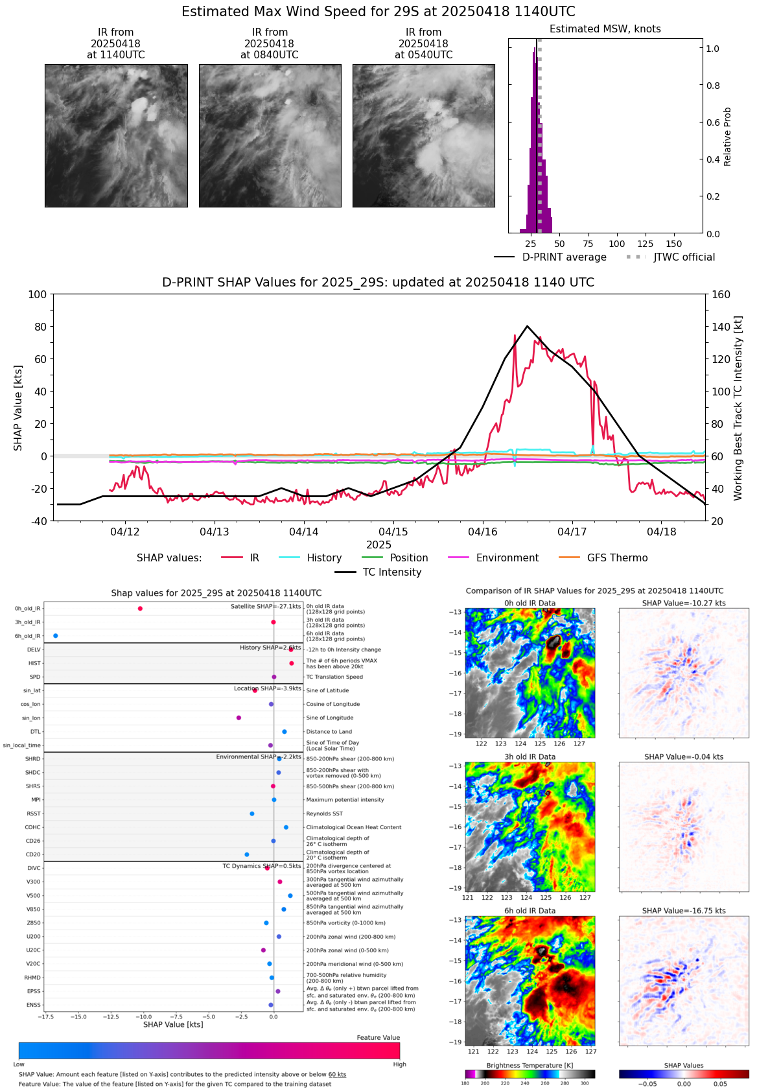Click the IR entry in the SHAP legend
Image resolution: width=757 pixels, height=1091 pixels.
tap(254, 557)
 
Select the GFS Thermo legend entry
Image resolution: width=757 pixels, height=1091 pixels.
tap(617, 557)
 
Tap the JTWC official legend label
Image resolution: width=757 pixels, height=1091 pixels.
tap(684, 257)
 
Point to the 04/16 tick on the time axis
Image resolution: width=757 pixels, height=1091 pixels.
tap(483, 532)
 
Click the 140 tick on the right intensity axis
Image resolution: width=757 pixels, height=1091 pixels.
tap(721, 327)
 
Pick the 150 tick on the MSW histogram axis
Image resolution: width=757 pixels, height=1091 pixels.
tap(674, 244)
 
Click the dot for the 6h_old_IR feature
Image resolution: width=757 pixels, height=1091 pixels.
tap(56, 636)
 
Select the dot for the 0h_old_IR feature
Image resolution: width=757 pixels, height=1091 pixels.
tap(140, 608)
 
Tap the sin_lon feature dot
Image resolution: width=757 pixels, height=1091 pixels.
tap(239, 718)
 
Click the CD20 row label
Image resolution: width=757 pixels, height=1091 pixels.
tap(33, 854)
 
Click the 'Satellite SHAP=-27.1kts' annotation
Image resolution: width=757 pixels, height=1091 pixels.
tap(266, 607)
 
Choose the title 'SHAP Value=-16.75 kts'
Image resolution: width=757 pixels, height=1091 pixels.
tap(684, 911)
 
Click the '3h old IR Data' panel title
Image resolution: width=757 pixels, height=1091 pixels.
tap(530, 757)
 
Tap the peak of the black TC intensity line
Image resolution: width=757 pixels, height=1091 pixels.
tap(528, 326)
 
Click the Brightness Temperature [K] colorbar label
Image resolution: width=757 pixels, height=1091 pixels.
tap(530, 1066)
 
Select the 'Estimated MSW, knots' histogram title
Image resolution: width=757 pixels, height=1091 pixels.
tap(605, 29)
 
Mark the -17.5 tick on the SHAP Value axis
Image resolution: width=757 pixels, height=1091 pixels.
tap(45, 1016)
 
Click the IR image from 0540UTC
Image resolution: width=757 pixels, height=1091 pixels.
tap(423, 135)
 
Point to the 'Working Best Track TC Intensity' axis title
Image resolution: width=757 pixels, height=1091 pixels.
tap(738, 408)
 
